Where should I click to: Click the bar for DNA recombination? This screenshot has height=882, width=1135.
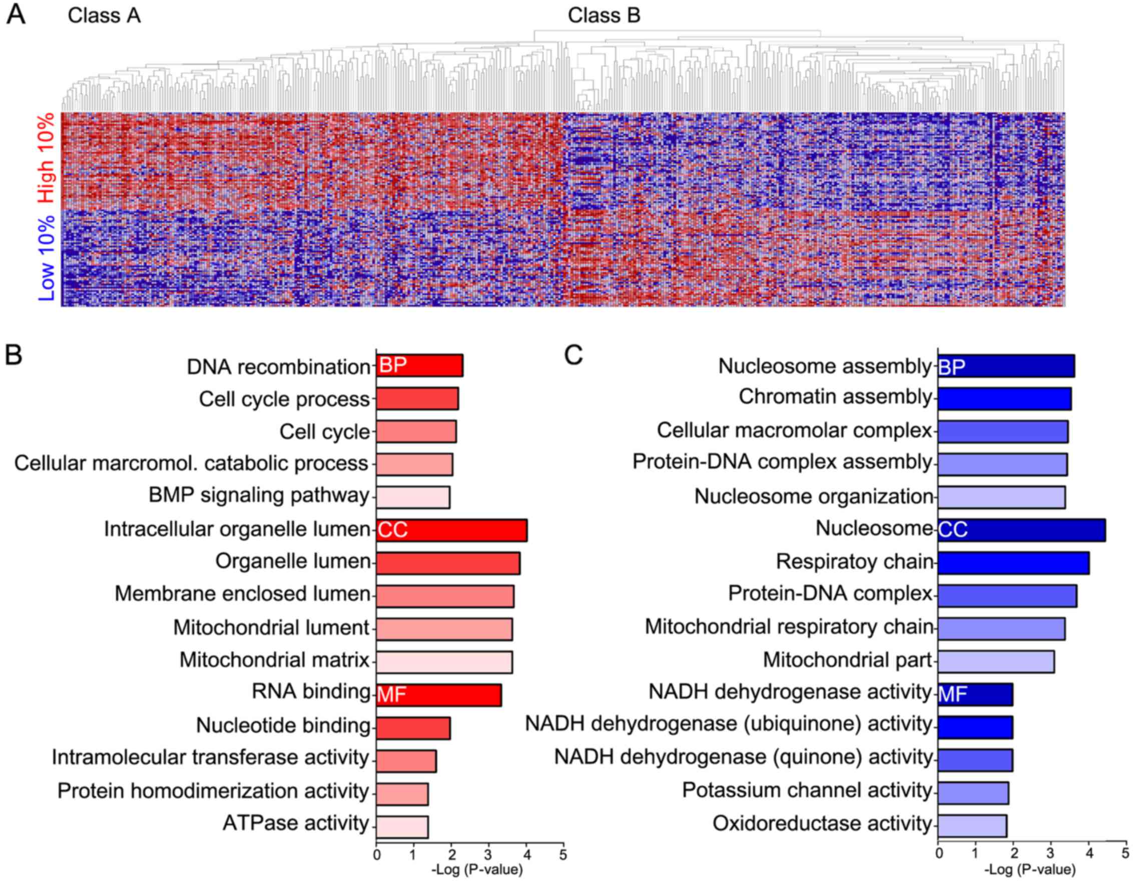pos(419,366)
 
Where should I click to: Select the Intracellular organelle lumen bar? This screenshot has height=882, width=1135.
pos(451,530)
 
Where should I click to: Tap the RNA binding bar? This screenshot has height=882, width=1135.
pos(438,695)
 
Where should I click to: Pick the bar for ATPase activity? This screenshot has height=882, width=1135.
pos(402,827)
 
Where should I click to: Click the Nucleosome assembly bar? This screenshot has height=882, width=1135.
pos(1006,366)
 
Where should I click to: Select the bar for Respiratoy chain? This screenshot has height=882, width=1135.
pos(1013,563)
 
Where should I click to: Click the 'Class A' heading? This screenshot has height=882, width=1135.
pos(104,16)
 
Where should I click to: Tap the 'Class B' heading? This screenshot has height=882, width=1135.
pos(604,16)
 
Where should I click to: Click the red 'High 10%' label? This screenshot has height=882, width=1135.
pos(46,158)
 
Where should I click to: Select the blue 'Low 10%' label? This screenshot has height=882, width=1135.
pos(46,258)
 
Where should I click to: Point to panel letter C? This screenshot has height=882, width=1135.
pos(574,356)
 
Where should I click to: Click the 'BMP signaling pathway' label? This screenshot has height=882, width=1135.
pos(259,495)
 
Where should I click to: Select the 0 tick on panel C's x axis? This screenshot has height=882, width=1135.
pos(938,853)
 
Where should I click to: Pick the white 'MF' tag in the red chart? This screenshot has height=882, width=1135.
pos(391,694)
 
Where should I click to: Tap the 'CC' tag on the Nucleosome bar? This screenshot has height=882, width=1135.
pos(953,530)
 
